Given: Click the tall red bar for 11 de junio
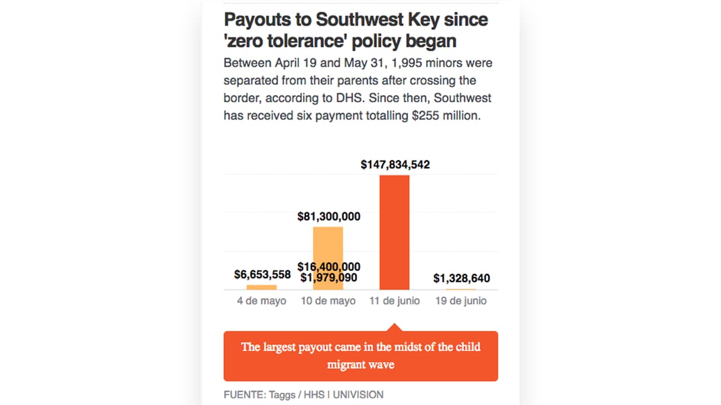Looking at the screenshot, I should click(x=394, y=232).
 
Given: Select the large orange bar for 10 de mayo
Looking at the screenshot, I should click(x=328, y=247).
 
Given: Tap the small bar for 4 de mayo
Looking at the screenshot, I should click(x=261, y=287).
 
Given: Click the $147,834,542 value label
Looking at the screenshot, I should click(x=395, y=165).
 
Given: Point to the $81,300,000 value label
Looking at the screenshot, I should click(x=328, y=217).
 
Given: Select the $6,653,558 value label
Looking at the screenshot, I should click(x=262, y=274).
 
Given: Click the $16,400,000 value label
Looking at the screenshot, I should click(x=329, y=267).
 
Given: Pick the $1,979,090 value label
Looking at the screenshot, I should click(x=328, y=277).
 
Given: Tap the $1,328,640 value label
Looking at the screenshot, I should click(x=461, y=278).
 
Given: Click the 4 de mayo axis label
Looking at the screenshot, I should click(x=261, y=301).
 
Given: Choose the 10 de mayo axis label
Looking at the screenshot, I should click(x=328, y=301).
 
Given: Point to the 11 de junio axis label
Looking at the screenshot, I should click(x=394, y=301).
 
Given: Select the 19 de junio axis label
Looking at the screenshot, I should click(x=461, y=301).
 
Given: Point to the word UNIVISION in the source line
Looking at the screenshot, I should click(x=358, y=394).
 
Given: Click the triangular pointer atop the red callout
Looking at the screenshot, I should click(x=394, y=327).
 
